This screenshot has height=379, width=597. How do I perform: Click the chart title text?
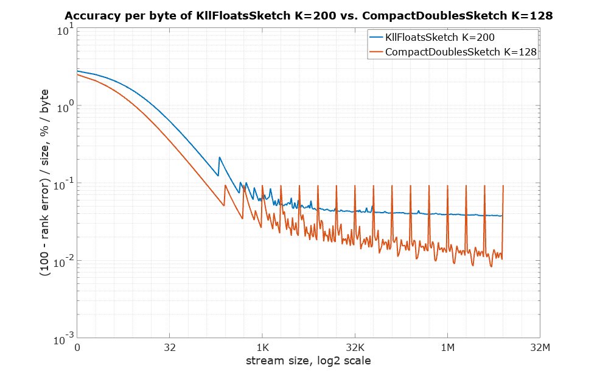point(309,16)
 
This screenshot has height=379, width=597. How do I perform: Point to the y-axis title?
point(46,183)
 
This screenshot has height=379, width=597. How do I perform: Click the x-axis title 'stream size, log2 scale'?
point(308,361)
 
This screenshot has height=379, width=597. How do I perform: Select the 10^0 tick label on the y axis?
point(65,107)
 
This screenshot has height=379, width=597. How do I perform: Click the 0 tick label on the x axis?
point(77,348)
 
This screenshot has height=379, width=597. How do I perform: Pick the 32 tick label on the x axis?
point(170,348)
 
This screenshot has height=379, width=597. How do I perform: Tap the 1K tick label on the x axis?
point(262,348)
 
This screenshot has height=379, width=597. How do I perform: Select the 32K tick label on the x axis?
point(355,348)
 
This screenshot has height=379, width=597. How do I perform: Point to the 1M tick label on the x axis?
point(447,348)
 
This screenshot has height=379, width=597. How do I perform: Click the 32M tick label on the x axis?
point(540,348)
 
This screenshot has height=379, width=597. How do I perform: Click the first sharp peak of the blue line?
point(220,158)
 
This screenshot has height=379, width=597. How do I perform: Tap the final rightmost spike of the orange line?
point(503,186)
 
